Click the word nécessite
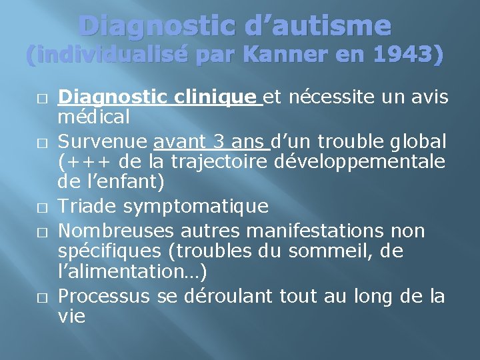click(324, 98)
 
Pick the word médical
click(93, 117)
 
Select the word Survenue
click(103, 142)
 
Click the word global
click(416, 142)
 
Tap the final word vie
click(72, 316)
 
